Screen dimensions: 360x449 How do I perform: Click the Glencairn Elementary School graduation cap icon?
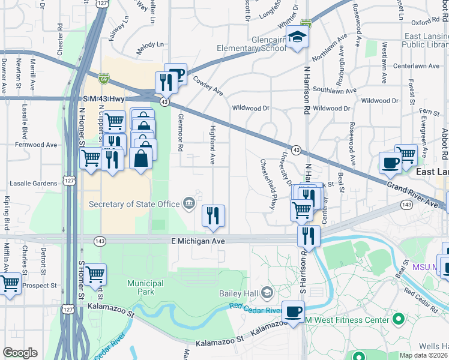[296, 37]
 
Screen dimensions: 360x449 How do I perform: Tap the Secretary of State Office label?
[134, 204]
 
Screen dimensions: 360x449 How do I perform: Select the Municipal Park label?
[145, 287]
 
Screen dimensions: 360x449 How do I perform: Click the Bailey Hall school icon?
[267, 293]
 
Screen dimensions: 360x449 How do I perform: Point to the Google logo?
[20, 353]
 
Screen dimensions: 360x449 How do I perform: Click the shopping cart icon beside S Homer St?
[95, 274]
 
